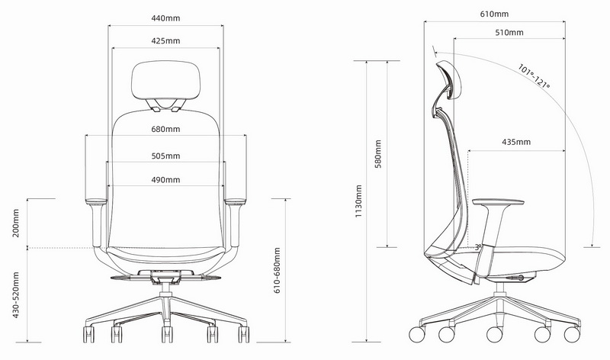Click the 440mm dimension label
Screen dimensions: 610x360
pos(165,18)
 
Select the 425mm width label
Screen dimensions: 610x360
pos(165,41)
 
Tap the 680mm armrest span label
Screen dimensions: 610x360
pos(165,129)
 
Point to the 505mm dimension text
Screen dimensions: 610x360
pos(165,156)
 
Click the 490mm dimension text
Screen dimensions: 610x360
pos(165,180)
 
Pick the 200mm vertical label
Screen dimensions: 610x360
pos(15,223)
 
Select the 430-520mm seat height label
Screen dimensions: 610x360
pos(15,294)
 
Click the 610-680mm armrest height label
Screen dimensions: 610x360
pos(277,271)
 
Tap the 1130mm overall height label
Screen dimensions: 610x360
pos(358,201)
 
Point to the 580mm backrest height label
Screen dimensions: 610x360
pos(378,154)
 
